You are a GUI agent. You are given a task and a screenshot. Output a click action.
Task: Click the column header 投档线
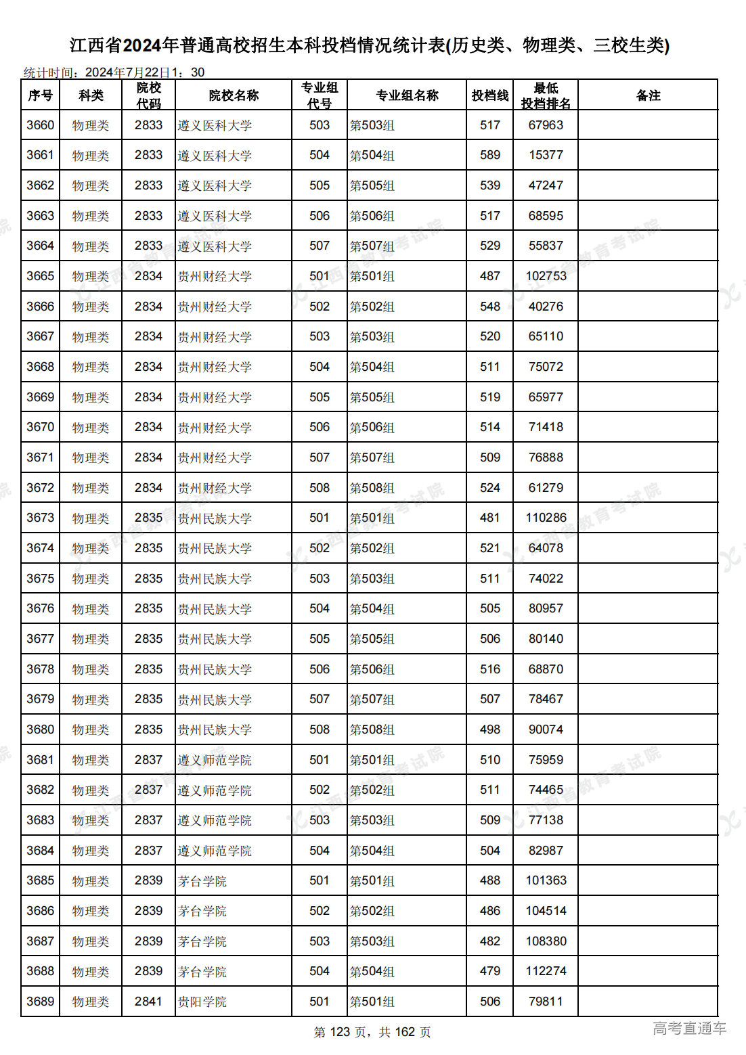point(489,95)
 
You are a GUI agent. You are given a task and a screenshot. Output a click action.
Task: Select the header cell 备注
point(647,95)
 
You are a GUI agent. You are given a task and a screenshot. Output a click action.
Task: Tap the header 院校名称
point(234,95)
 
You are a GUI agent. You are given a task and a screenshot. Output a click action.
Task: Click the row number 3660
point(41,125)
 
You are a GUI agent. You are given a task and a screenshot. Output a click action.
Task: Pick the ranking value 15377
point(546,155)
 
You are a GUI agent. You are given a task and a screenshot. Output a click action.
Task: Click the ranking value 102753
point(546,276)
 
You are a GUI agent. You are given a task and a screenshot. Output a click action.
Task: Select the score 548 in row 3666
point(489,307)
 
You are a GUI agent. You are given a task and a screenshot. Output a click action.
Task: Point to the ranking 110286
point(546,518)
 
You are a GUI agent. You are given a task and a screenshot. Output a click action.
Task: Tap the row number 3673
point(41,518)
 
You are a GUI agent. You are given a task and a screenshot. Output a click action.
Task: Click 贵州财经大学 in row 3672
point(215,488)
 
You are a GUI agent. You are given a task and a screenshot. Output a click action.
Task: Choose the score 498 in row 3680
point(489,729)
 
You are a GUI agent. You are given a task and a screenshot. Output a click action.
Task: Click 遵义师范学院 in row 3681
point(215,760)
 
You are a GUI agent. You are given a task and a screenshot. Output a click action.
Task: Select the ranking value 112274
point(546,971)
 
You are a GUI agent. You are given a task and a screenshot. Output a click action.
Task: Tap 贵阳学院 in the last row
point(202,1002)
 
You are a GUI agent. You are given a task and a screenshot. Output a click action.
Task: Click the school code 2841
point(148,1002)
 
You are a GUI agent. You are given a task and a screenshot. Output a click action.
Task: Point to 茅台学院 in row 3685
point(202,881)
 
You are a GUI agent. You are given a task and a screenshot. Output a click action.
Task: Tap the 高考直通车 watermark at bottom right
point(689,1029)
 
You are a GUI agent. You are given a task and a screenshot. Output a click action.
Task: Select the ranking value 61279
point(546,488)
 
